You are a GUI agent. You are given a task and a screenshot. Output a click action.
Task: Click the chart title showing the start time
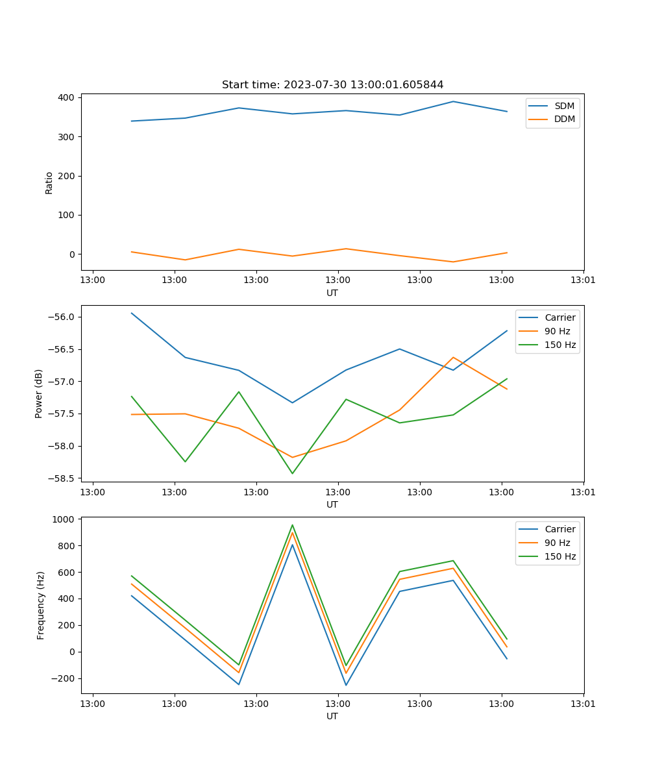[332, 85]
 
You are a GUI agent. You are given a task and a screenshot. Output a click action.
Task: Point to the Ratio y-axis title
[49, 182]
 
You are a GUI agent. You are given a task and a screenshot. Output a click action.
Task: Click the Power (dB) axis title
[39, 393]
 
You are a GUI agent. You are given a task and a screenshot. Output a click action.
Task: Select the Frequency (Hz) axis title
[41, 605]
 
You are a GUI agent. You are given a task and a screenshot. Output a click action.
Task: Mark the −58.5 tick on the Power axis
[61, 478]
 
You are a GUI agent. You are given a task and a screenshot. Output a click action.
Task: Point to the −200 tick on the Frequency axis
[62, 678]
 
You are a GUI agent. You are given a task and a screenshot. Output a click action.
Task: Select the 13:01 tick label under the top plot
[583, 280]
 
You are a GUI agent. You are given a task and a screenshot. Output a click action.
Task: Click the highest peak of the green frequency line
[292, 525]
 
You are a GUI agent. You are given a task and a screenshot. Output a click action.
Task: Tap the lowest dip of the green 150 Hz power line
[292, 473]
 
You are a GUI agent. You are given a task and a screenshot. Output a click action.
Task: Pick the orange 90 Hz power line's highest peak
[453, 357]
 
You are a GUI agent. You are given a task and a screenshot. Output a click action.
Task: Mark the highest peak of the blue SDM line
[453, 101]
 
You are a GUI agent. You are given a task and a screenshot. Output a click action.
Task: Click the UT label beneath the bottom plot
[332, 716]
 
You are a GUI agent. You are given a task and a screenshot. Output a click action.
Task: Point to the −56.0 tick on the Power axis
[61, 317]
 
